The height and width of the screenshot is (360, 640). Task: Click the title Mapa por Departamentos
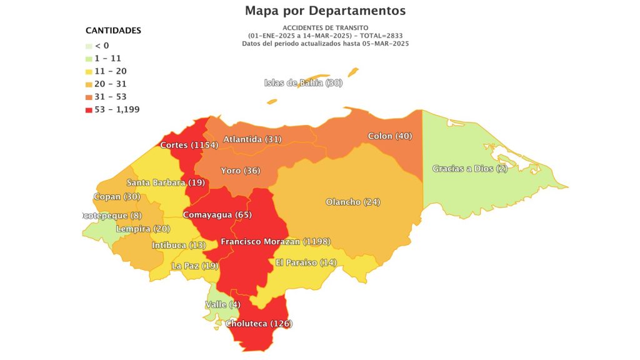point(325,11)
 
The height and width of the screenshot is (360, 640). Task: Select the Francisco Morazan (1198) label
point(276,241)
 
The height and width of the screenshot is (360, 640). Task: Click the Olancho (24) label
point(353,202)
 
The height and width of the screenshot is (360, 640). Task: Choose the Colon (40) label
point(390,136)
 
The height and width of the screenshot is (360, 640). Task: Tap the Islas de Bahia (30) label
point(303,82)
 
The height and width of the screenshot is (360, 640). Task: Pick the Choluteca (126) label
point(259,324)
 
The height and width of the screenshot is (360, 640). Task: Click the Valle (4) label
point(222,304)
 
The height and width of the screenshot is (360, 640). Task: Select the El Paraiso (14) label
point(306,262)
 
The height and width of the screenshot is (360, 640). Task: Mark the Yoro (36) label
point(241,171)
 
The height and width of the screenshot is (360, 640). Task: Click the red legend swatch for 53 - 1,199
point(89,109)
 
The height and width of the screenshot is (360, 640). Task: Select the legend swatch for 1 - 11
point(89,58)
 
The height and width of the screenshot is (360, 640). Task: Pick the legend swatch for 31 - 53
point(89,97)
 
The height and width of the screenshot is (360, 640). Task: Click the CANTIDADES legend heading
point(113,30)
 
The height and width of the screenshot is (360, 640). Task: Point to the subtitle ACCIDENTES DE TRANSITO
point(325,27)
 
